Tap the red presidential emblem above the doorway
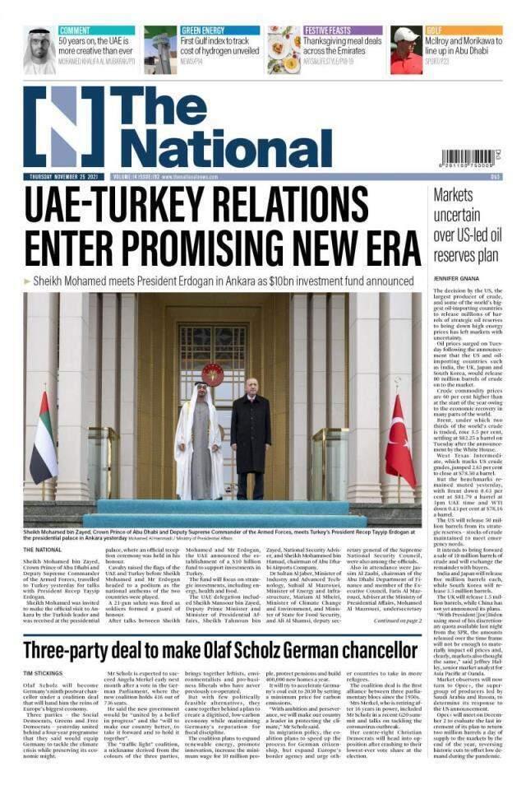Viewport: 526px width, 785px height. (x=212, y=375)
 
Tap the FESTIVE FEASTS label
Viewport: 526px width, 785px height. (x=329, y=30)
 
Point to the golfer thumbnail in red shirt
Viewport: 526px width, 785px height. (x=406, y=50)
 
